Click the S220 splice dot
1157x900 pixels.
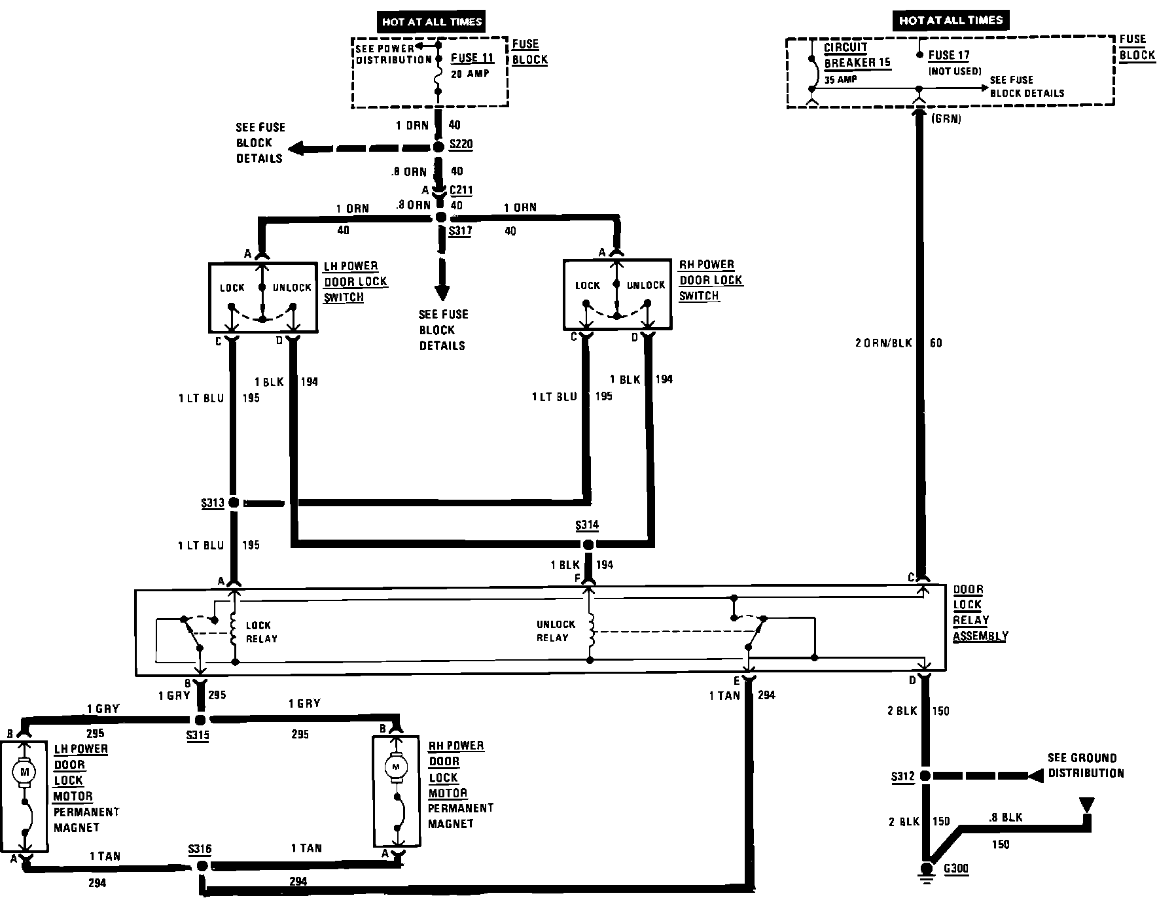click(x=438, y=147)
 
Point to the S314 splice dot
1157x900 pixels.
click(x=588, y=544)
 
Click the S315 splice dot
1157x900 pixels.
click(x=201, y=719)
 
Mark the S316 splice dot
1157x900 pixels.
click(x=202, y=866)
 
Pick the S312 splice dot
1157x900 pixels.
click(x=925, y=776)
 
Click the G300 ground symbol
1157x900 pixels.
click(x=926, y=870)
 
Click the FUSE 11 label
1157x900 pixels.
click(x=472, y=58)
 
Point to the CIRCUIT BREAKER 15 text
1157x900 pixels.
click(x=857, y=56)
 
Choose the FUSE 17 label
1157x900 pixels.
click(x=948, y=56)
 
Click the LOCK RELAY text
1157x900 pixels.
click(x=261, y=632)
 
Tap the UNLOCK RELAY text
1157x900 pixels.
click(x=556, y=631)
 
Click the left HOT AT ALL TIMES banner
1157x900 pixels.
click(x=432, y=22)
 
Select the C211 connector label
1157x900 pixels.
click(x=461, y=190)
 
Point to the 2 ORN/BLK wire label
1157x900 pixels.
click(x=883, y=343)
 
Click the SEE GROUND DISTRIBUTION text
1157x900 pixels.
click(x=1085, y=765)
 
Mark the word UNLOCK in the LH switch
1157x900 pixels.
click(x=292, y=287)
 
